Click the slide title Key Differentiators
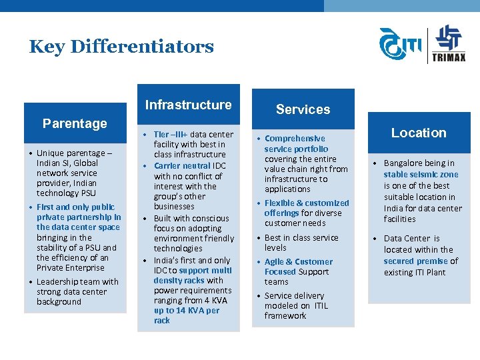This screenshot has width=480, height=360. click(121, 47)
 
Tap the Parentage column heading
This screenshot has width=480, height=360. click(75, 123)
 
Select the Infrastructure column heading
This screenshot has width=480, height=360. click(188, 105)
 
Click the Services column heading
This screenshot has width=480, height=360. click(303, 109)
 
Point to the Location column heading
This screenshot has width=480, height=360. click(419, 133)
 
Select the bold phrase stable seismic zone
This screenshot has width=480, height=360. click(421, 175)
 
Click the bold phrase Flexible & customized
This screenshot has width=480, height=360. click(307, 203)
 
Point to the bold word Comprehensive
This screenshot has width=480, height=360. click(295, 139)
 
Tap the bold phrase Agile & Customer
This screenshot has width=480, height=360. click(298, 262)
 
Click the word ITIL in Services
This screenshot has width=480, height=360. click(321, 306)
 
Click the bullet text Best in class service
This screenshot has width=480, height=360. click(301, 238)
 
